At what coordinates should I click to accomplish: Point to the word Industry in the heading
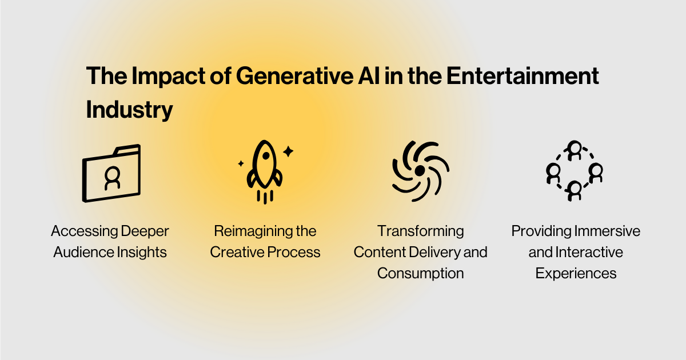129,110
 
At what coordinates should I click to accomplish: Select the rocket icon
264,169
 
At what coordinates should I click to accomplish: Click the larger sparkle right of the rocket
288,151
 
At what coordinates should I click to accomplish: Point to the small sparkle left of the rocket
241,163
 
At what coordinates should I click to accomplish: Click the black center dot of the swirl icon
420,171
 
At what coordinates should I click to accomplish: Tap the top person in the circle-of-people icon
575,150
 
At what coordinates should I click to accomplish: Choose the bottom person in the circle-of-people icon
575,189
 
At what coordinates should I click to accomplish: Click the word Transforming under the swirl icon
420,231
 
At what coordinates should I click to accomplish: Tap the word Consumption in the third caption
420,273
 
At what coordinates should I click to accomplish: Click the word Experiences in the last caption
576,273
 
